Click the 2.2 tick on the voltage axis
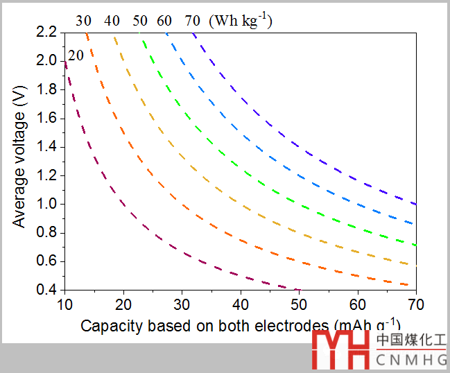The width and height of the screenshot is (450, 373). click(x=49, y=32)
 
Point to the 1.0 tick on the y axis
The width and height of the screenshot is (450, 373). click(x=49, y=204)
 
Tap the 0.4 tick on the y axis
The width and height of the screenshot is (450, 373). click(x=49, y=290)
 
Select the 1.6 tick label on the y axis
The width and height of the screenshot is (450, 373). click(x=49, y=118)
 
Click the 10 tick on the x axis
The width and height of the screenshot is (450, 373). click(x=64, y=304)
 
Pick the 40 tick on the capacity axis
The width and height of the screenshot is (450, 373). click(x=240, y=304)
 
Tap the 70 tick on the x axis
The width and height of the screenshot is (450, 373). click(x=416, y=304)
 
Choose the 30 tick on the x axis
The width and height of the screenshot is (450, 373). click(x=181, y=304)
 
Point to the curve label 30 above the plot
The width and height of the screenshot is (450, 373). click(x=83, y=21)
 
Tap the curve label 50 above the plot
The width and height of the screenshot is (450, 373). click(x=140, y=21)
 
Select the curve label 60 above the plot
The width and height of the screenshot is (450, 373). click(x=164, y=21)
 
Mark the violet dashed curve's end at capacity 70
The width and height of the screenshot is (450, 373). click(x=415, y=203)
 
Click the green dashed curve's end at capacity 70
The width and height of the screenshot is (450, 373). click(x=415, y=245)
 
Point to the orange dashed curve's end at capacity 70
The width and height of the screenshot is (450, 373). click(x=414, y=284)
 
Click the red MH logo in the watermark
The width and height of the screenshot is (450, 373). click(x=340, y=349)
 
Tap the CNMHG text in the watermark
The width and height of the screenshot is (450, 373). click(x=412, y=359)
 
